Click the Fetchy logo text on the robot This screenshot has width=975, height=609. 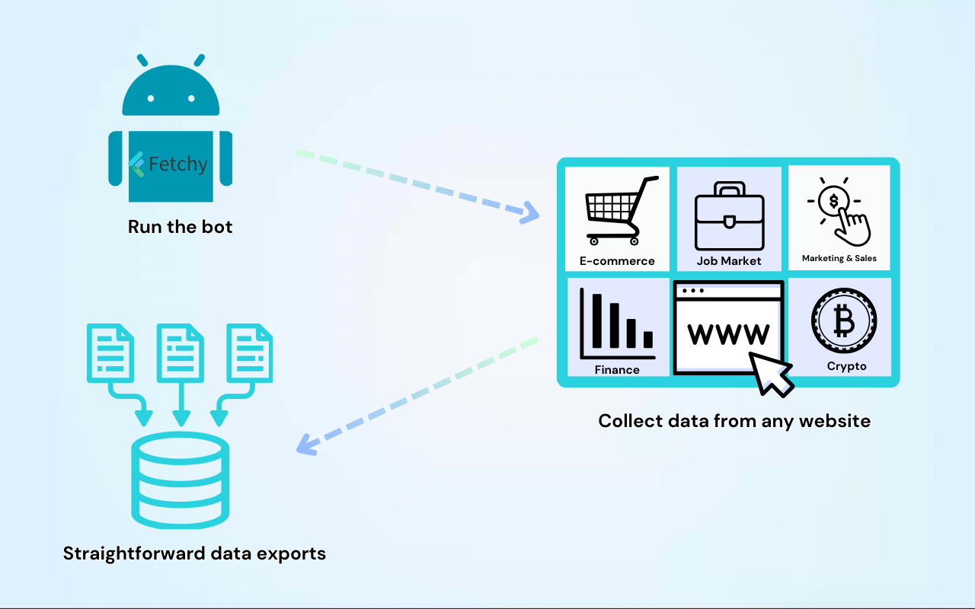click(x=177, y=164)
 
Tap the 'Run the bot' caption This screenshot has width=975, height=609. click(x=181, y=227)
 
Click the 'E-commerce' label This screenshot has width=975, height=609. click(x=617, y=261)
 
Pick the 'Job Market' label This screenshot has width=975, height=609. click(x=729, y=261)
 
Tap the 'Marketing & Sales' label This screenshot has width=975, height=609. click(x=839, y=259)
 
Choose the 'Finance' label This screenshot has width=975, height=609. click(x=617, y=370)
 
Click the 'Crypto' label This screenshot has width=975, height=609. click(x=846, y=366)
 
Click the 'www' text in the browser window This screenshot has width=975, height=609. click(x=728, y=333)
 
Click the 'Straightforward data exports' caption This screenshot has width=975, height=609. click(x=194, y=553)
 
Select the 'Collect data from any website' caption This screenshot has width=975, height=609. click(x=734, y=421)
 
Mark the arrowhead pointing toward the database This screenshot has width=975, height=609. click(x=305, y=445)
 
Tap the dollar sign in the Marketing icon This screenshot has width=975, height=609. click(x=833, y=202)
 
